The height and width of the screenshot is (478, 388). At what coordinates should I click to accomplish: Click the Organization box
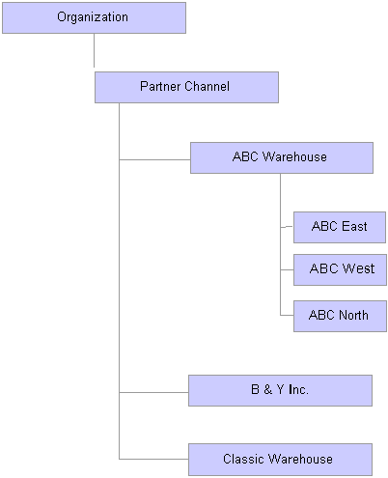click(94, 17)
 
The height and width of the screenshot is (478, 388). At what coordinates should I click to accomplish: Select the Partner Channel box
click(186, 87)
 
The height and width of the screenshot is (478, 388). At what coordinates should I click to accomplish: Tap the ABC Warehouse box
click(282, 157)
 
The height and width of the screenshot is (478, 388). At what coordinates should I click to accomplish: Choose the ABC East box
click(340, 227)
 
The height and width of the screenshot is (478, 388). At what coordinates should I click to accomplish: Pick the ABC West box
click(340, 269)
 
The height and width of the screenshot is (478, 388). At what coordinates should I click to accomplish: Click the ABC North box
click(340, 316)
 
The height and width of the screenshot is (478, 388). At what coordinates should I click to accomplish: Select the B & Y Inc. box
click(280, 390)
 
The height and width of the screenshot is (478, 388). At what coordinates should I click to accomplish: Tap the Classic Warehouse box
click(280, 460)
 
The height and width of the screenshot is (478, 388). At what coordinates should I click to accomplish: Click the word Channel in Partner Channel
click(208, 86)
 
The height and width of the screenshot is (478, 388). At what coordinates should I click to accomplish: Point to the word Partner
click(160, 86)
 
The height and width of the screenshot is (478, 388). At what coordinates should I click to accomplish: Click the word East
click(354, 226)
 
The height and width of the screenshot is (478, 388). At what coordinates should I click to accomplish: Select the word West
click(358, 268)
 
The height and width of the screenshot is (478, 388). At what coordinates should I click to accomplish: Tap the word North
click(353, 315)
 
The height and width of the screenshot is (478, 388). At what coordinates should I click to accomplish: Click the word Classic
click(243, 459)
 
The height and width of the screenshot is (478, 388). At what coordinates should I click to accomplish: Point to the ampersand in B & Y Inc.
click(267, 389)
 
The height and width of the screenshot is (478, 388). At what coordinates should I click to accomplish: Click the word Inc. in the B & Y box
click(298, 389)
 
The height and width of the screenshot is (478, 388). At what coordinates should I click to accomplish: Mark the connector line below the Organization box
click(94, 50)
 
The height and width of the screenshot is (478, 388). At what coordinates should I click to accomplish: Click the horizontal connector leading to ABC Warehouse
click(154, 159)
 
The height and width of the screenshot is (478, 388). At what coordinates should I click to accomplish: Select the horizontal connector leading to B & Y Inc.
click(153, 392)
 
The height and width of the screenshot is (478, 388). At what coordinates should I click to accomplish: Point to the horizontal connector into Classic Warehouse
click(153, 459)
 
